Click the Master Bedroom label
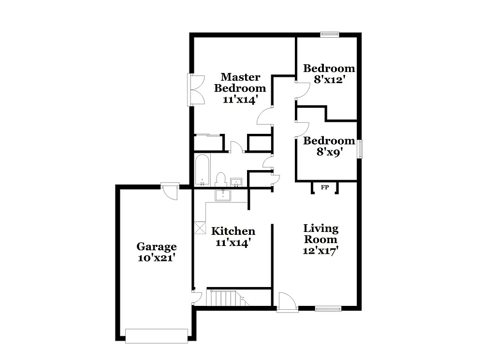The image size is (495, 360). tap(240, 83)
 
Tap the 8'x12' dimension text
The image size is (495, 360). tap(329, 80)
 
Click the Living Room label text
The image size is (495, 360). tap(320, 233)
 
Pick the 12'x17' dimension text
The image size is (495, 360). tap(320, 250)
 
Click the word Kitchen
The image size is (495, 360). tap(233, 231)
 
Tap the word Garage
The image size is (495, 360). tap(156, 247)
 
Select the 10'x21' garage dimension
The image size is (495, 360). tap(156, 258)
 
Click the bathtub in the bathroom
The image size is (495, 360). tap(202, 170)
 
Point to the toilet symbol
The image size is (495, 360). tap(221, 179)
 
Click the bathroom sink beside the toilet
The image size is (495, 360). tap(236, 182)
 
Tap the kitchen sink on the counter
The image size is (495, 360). tap(223, 195)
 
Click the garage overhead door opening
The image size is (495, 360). tap(156, 336)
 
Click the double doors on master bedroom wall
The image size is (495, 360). tap(196, 89)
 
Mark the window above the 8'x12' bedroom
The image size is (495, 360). tap(330, 34)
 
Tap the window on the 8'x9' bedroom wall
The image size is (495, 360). tap(360, 148)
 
